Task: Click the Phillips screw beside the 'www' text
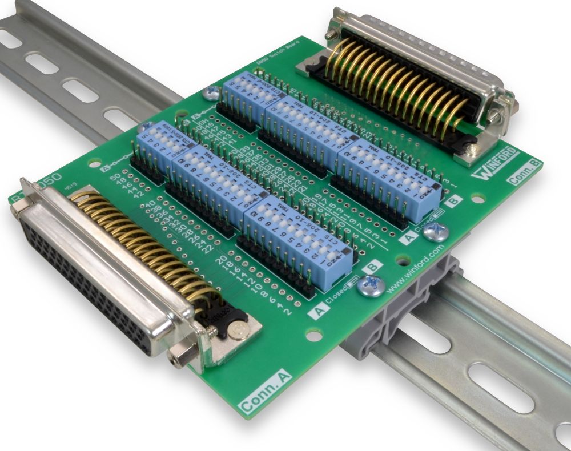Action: [x=371, y=285]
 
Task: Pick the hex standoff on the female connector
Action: [x=182, y=358]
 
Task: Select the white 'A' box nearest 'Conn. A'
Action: [x=320, y=311]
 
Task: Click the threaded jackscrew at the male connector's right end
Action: [x=494, y=116]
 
